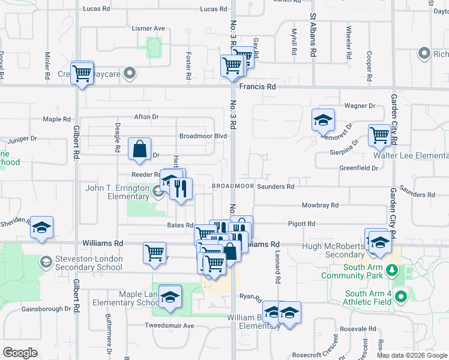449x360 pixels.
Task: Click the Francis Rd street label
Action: tap(258, 86)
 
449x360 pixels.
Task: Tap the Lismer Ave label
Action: tap(148, 28)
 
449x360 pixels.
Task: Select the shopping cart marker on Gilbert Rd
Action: tap(82, 73)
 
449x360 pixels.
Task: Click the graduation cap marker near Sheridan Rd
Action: tap(41, 227)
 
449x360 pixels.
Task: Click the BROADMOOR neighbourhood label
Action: tap(232, 187)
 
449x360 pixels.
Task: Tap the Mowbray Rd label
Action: tap(318, 205)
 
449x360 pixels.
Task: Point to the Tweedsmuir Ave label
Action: tap(170, 325)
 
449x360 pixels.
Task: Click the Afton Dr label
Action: tap(146, 117)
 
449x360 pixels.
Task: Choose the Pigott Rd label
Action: tap(302, 224)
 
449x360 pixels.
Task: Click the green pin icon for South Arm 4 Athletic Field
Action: tap(402, 296)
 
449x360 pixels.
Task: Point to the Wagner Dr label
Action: tap(359, 106)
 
